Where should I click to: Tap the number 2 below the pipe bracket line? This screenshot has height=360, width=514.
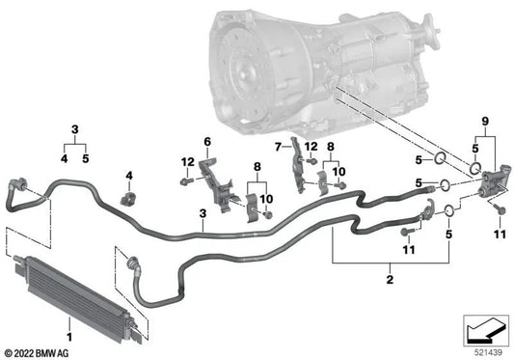(x=390, y=280)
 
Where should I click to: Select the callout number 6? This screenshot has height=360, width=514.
(x=205, y=142)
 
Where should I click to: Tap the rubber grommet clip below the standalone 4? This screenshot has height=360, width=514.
(x=125, y=201)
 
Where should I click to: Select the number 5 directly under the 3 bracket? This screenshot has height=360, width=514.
(x=87, y=159)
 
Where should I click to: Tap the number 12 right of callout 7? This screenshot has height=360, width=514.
(x=311, y=146)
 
